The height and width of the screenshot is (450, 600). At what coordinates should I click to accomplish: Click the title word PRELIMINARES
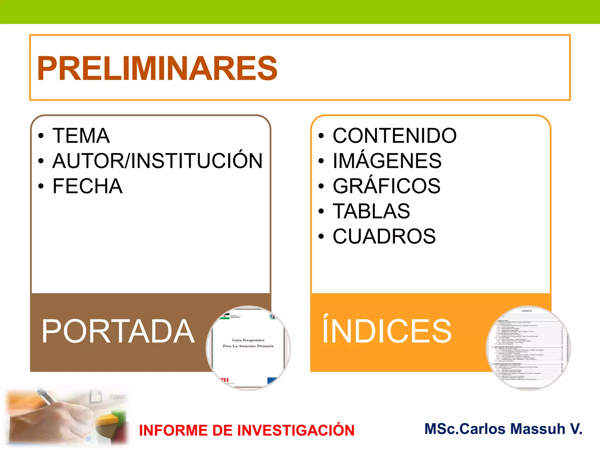[x=157, y=68]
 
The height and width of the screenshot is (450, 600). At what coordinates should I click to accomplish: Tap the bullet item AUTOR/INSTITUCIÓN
[x=158, y=161]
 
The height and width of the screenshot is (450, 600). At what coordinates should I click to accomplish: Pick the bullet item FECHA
[x=87, y=186]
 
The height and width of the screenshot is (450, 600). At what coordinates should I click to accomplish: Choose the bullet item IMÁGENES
[x=387, y=161]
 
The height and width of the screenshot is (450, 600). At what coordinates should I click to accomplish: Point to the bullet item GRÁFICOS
[x=386, y=186]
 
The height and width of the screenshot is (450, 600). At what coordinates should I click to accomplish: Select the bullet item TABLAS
[x=371, y=211]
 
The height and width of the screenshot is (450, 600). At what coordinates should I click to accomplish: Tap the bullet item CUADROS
[x=384, y=236]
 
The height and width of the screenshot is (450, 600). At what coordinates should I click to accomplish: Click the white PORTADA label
[x=118, y=331]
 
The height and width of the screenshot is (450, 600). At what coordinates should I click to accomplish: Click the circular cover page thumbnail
[x=248, y=348]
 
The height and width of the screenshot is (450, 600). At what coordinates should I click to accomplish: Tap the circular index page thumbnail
[x=528, y=348]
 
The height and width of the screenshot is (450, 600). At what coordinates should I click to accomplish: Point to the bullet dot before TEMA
[x=41, y=136]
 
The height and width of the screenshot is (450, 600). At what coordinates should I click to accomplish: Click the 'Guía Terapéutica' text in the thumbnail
[x=248, y=340]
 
